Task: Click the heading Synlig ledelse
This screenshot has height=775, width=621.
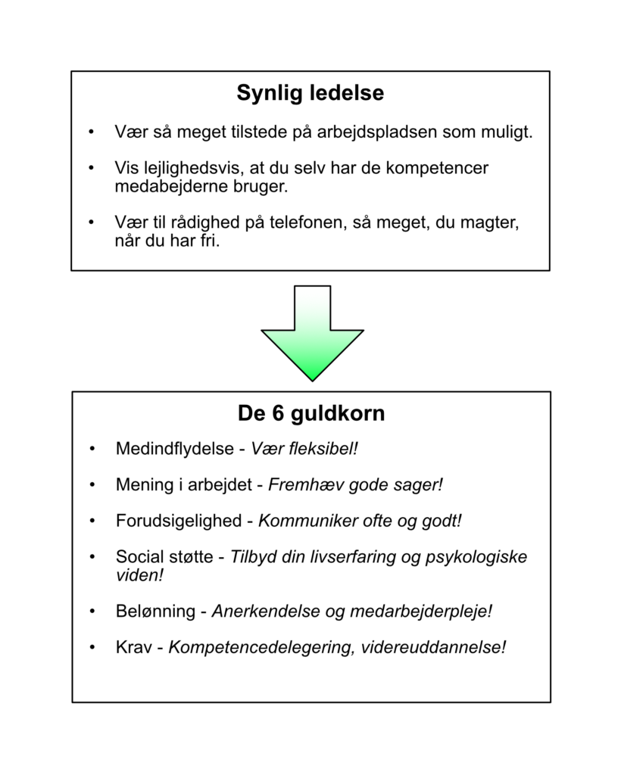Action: [310, 93]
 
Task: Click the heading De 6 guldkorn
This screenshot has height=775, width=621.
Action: [310, 414]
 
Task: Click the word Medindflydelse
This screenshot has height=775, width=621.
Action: [174, 449]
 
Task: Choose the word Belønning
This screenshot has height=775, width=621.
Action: [155, 612]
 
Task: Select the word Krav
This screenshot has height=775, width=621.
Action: [132, 648]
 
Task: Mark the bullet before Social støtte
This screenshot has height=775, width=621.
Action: [92, 558]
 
